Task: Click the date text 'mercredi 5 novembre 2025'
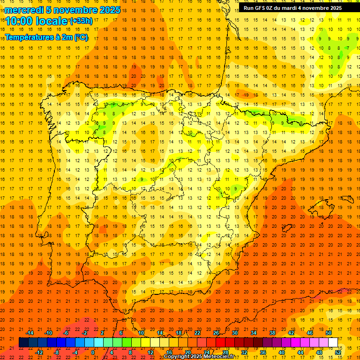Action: click(x=62, y=9)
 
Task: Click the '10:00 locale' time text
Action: click(x=37, y=21)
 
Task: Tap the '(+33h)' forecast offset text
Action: click(x=81, y=21)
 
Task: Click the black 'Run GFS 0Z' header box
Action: click(x=292, y=8)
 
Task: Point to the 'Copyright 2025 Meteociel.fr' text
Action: click(x=199, y=357)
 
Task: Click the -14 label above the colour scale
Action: click(x=30, y=332)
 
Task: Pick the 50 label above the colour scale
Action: click(x=329, y=332)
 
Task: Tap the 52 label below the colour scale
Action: click(x=338, y=352)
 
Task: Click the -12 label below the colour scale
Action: click(x=39, y=352)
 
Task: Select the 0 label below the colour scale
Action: click(x=93, y=352)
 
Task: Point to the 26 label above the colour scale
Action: click(x=216, y=332)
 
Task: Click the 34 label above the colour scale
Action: click(x=254, y=332)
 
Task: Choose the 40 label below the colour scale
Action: click(x=282, y=352)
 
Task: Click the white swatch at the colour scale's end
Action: click(x=333, y=342)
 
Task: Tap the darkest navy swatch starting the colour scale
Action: click(x=23, y=342)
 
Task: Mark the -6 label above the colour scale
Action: click(x=66, y=332)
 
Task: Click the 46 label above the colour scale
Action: click(x=310, y=332)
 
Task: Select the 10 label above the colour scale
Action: click(x=141, y=332)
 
